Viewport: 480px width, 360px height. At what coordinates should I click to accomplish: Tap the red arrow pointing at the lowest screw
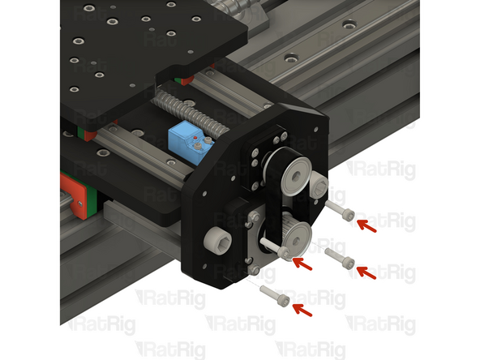(302, 308)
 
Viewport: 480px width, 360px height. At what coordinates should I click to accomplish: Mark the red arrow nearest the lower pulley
(302, 263)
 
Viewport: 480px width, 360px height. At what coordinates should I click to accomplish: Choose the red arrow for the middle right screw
(367, 272)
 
